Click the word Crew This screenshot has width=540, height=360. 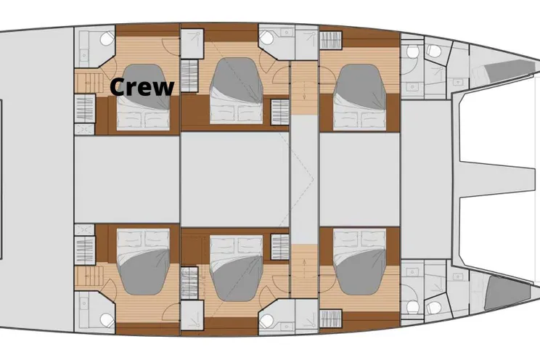(x=142, y=87)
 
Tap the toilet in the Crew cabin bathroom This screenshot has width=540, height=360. (x=107, y=38)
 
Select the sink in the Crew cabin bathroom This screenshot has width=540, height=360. (x=83, y=54)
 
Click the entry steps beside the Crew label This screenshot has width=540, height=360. (x=89, y=83)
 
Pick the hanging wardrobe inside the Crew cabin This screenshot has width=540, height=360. (x=85, y=109)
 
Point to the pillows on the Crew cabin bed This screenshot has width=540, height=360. (x=143, y=119)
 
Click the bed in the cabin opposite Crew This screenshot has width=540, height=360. (x=143, y=262)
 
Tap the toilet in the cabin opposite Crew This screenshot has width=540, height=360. (x=107, y=320)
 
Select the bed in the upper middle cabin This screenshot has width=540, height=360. (x=237, y=91)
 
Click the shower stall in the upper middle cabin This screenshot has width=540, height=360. (x=192, y=44)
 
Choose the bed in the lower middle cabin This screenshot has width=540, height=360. (x=237, y=268)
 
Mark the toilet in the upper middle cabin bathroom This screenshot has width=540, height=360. (x=266, y=37)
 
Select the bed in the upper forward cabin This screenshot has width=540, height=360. (x=359, y=97)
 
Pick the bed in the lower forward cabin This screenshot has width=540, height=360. (x=359, y=262)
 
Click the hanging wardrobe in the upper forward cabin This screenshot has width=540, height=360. (x=331, y=40)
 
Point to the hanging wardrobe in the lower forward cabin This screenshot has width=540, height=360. (x=331, y=319)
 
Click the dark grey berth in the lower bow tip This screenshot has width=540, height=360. (x=507, y=292)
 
